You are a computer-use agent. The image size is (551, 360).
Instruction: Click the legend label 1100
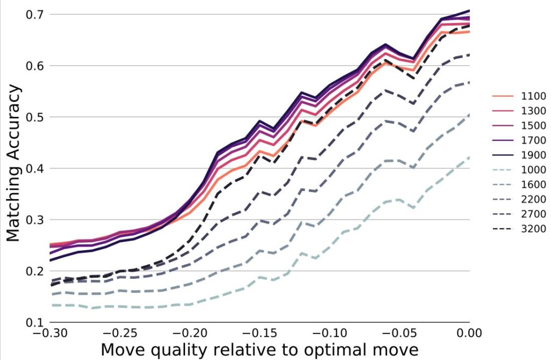click(533, 96)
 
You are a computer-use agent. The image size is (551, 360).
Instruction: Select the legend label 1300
click(533, 111)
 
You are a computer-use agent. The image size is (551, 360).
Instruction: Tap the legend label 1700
click(533, 140)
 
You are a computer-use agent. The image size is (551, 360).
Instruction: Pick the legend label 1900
click(533, 155)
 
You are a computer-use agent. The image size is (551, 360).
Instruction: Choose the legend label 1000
click(533, 170)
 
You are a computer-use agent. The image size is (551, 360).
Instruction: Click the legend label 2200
click(533, 200)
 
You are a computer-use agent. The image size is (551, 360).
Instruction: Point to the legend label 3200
click(533, 229)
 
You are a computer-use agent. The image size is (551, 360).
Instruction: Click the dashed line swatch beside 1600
click(503, 185)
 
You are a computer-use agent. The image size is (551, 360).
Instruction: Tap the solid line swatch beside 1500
click(503, 126)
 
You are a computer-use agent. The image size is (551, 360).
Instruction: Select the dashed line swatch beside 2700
click(503, 214)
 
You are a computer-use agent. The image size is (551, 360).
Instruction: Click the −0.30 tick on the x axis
click(49, 334)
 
